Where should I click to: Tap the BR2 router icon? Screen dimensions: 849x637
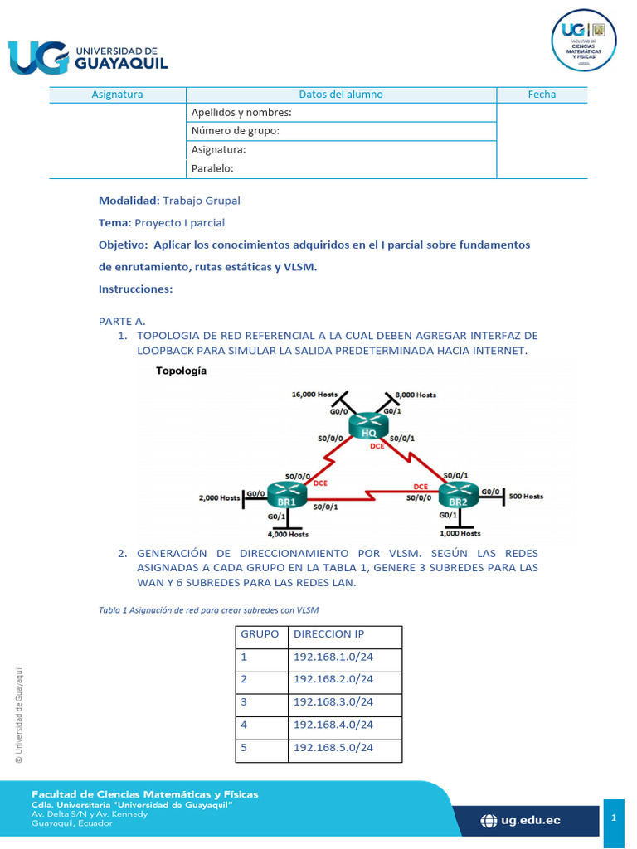point(457,496)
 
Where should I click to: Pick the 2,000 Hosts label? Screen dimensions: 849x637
point(219,497)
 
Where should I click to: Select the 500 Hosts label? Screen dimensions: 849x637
point(525,496)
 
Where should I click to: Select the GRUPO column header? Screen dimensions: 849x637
point(260,633)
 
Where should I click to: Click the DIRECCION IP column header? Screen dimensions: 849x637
point(328,633)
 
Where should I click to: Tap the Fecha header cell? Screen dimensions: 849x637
point(542,95)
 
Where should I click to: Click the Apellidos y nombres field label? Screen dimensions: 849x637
point(241,112)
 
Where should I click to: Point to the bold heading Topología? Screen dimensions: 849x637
point(181,371)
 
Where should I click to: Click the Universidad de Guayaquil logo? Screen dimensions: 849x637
point(88,56)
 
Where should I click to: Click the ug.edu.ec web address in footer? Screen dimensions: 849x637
point(522,820)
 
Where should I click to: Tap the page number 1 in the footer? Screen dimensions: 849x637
point(614,818)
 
